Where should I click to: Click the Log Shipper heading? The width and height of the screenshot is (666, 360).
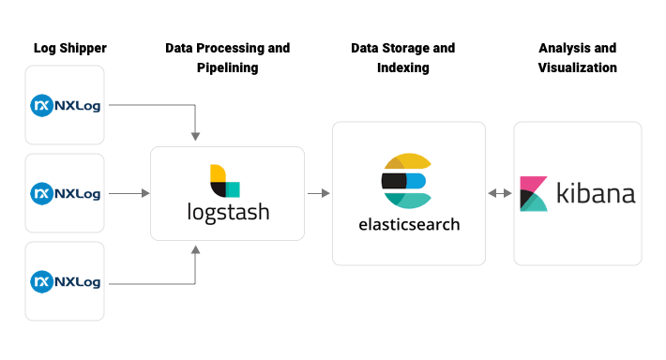point(70,48)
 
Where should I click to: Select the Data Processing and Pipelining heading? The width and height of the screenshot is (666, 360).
point(227,57)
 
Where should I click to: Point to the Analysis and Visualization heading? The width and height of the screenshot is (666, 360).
point(578,57)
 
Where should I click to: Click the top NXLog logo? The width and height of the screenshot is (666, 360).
point(66,105)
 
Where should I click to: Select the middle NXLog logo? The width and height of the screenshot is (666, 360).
point(66,193)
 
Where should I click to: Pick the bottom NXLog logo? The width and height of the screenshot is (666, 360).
point(66,280)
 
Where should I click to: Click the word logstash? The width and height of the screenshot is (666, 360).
point(228,212)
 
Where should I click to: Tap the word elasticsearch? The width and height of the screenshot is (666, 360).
point(409,225)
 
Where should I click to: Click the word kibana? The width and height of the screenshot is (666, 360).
point(596,194)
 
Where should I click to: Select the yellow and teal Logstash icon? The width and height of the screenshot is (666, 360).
point(225,180)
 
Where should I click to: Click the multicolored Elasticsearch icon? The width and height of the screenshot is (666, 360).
point(405,180)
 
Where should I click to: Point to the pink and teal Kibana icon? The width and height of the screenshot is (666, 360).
point(534,193)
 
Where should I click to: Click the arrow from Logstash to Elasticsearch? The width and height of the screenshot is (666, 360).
point(318,193)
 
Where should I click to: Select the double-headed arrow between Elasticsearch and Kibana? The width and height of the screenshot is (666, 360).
point(499,193)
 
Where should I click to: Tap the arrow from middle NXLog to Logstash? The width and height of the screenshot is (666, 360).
point(129,193)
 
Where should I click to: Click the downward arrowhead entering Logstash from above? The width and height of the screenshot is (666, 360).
point(195,137)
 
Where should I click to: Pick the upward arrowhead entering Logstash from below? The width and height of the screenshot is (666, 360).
point(195,249)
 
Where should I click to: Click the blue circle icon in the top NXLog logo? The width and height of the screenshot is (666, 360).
point(41,105)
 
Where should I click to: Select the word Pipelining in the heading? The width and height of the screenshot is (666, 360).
point(228,67)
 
